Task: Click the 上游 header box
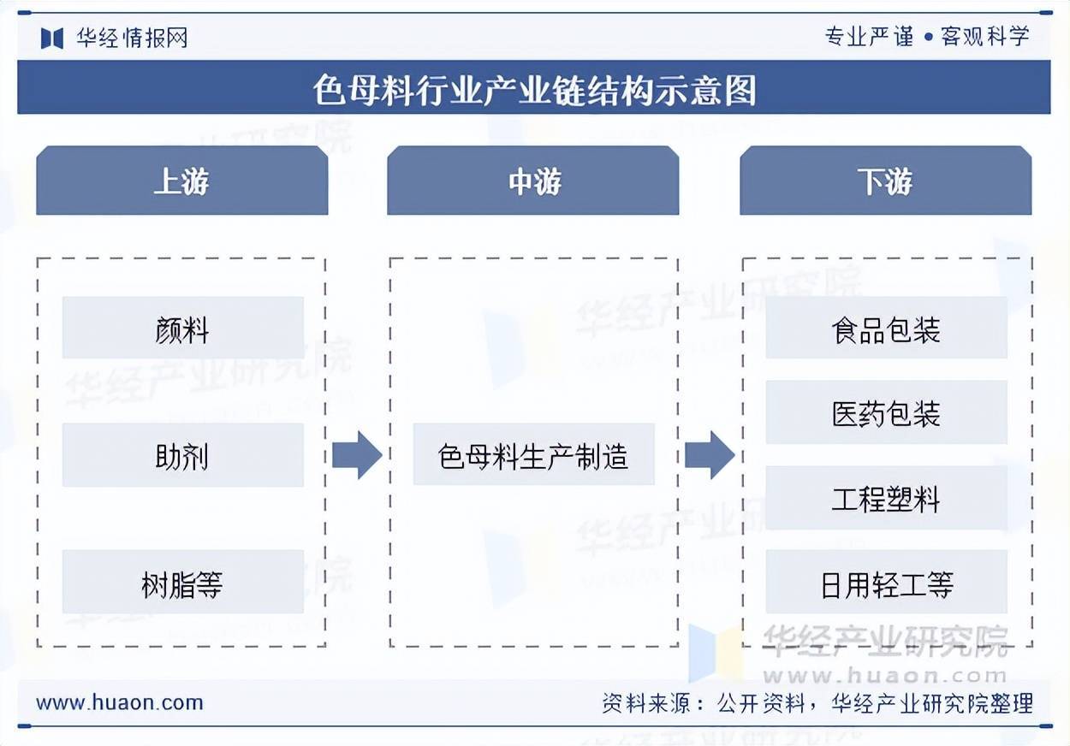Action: [181, 181]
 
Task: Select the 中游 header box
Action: [532, 181]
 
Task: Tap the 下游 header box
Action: [885, 181]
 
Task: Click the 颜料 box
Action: [182, 329]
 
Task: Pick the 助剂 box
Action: [182, 455]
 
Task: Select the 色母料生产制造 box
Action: [533, 455]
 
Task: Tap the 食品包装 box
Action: [886, 329]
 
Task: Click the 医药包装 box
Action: [886, 413]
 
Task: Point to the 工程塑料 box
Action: [886, 498]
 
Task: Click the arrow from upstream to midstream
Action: [356, 455]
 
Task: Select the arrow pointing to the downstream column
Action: [709, 455]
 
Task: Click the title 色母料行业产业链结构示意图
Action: [534, 88]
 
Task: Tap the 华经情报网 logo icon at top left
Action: [52, 38]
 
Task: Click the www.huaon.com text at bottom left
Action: [120, 703]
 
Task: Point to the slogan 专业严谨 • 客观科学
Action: [927, 37]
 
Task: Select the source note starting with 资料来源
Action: [817, 703]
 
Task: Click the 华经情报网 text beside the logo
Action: [132, 38]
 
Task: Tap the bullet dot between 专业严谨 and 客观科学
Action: [928, 38]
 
